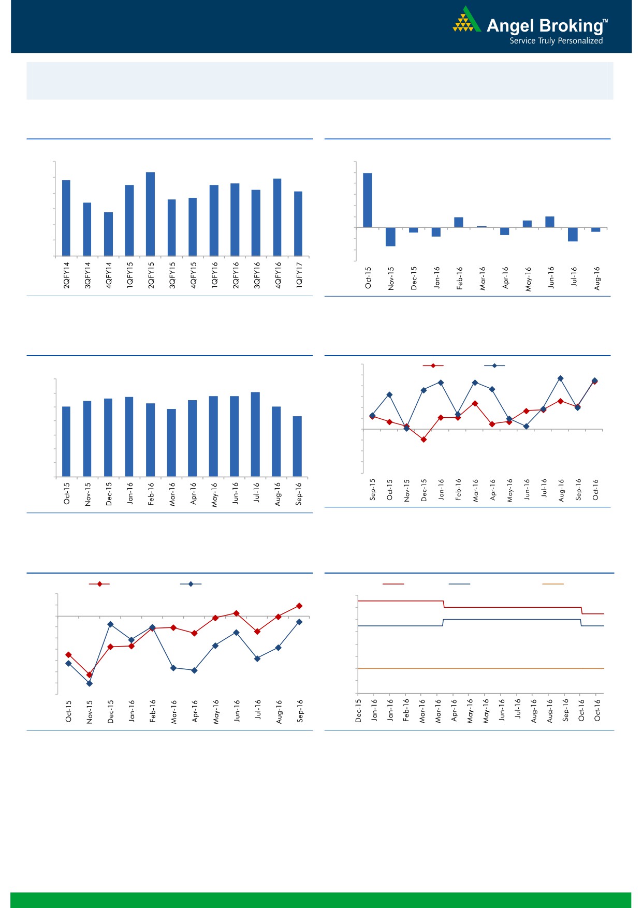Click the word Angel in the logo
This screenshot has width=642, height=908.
pyautogui.click(x=510, y=25)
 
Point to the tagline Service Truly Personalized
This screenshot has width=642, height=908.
pyautogui.click(x=556, y=41)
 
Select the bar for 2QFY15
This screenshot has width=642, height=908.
pyautogui.click(x=150, y=214)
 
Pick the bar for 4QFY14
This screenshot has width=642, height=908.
pyautogui.click(x=108, y=234)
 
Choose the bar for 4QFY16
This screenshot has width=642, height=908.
pyautogui.click(x=277, y=217)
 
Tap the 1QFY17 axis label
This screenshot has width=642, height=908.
pyautogui.click(x=299, y=275)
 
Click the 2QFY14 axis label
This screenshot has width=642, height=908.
pyautogui.click(x=66, y=275)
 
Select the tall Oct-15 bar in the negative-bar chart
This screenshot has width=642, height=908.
pyautogui.click(x=368, y=200)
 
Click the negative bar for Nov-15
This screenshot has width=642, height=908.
pyautogui.click(x=390, y=237)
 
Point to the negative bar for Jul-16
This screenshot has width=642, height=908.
pyautogui.click(x=573, y=235)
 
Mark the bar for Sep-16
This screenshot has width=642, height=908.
pyautogui.click(x=297, y=446)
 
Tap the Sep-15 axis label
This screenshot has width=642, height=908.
pyautogui.click(x=373, y=489)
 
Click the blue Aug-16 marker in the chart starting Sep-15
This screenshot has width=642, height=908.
pyautogui.click(x=560, y=378)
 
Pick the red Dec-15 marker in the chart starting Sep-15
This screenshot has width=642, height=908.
pyautogui.click(x=424, y=440)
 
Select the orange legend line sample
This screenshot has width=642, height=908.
pyautogui.click(x=552, y=584)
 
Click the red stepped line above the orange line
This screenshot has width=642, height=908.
pyautogui.click(x=513, y=607)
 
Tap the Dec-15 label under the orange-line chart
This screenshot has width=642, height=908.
pyautogui.click(x=358, y=710)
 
